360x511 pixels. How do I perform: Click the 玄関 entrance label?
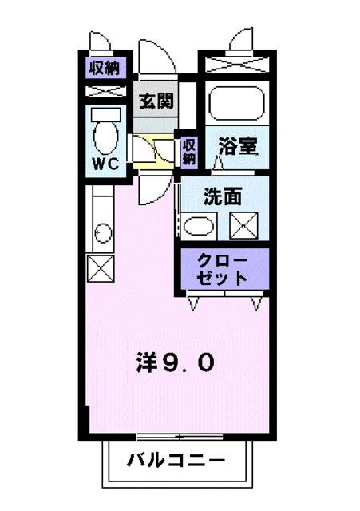point(156,101)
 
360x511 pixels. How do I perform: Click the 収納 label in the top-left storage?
point(104,67)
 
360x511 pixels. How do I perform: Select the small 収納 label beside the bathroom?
point(188,151)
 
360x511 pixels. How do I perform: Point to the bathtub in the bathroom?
point(237,105)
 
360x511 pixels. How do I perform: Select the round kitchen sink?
point(102,233)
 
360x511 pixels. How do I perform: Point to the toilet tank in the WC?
point(105,114)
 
